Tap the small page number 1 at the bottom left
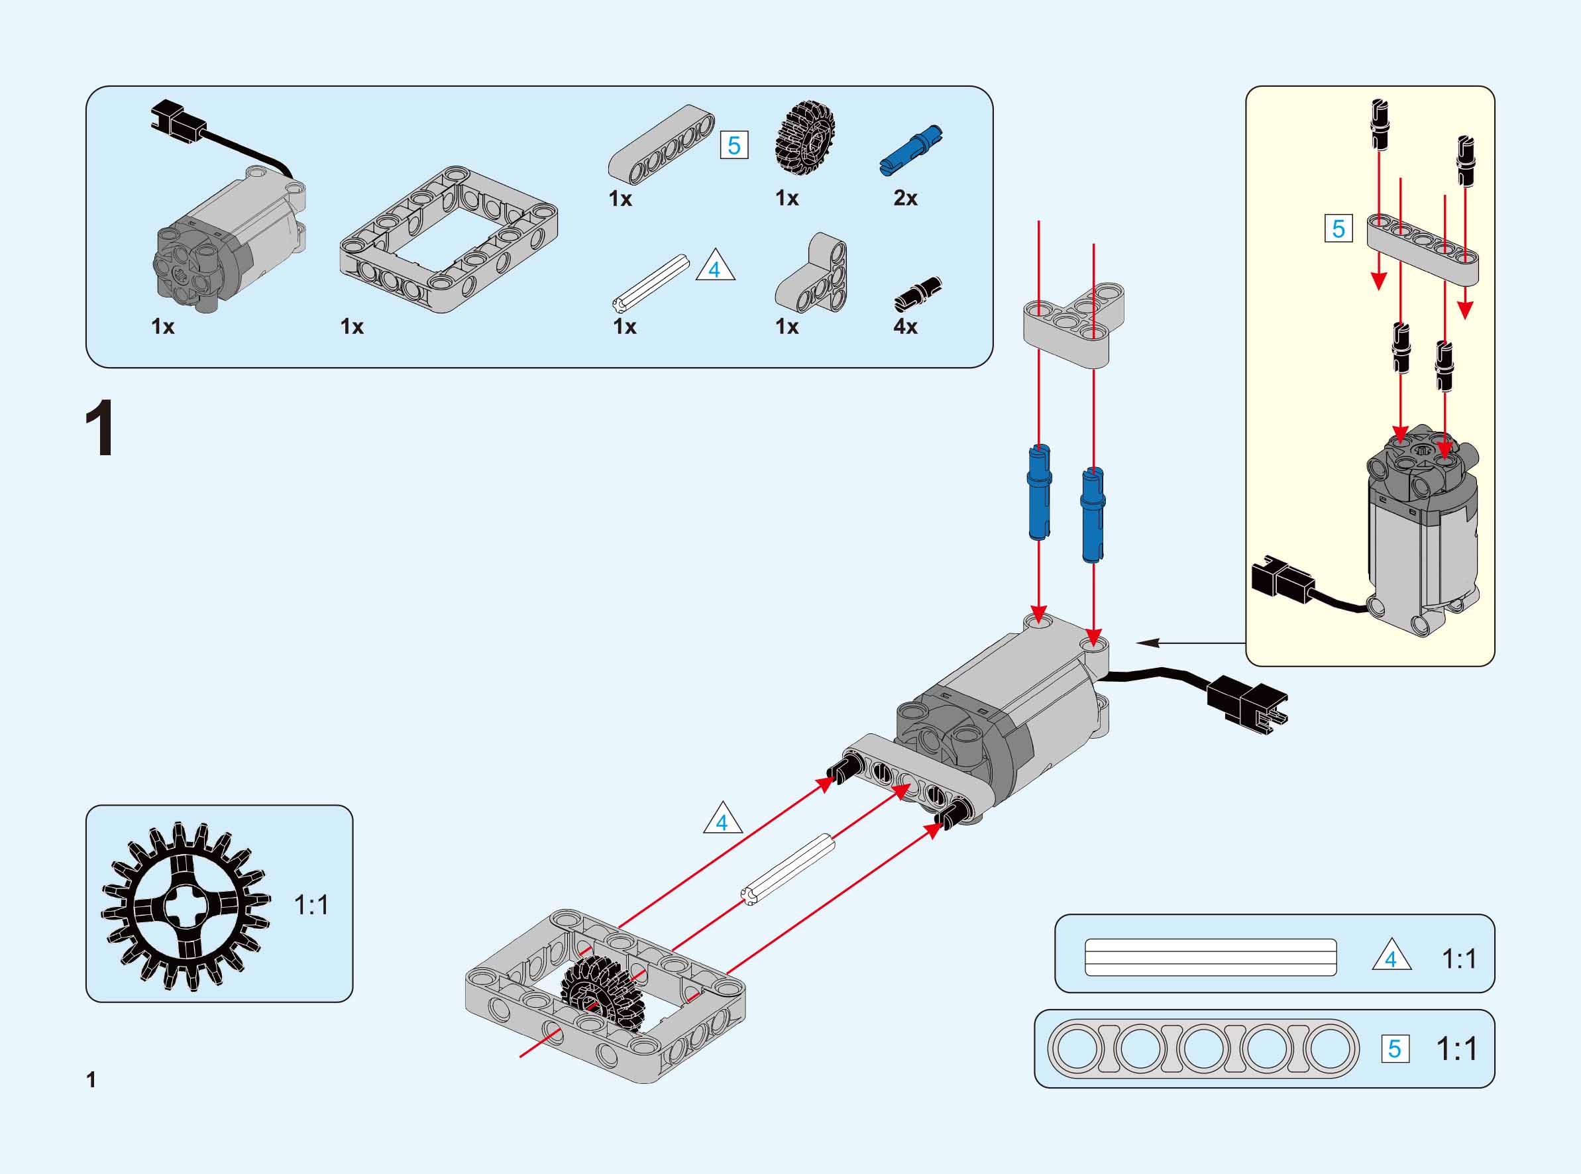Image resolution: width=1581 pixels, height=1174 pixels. tap(91, 1080)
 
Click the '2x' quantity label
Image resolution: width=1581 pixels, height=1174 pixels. tap(905, 198)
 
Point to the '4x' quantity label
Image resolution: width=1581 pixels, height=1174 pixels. tap(905, 326)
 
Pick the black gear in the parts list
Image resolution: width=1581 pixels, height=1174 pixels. tap(804, 136)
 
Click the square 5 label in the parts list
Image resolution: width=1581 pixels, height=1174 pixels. tap(734, 146)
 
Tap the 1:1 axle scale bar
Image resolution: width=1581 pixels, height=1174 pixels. tap(1210, 957)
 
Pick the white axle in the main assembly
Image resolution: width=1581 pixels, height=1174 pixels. tap(787, 869)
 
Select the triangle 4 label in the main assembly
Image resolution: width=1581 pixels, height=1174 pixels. tap(723, 820)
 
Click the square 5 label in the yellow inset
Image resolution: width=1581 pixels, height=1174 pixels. tap(1338, 229)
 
